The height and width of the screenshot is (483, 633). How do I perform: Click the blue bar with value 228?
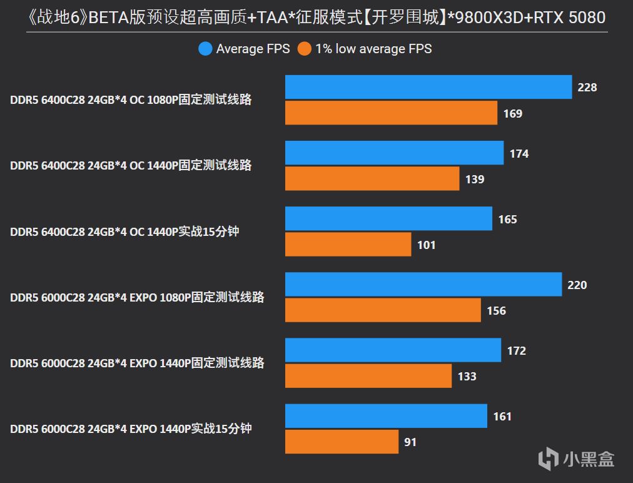coord(428,87)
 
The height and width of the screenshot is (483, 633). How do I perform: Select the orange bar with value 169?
coord(391,113)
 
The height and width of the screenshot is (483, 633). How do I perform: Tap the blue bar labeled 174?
coord(394,153)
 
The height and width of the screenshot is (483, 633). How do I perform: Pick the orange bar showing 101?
coord(348,244)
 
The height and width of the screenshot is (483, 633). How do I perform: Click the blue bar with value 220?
coord(423,285)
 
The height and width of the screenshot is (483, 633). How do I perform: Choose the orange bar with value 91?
coord(342,442)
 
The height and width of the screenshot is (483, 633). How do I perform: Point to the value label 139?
coord(475,180)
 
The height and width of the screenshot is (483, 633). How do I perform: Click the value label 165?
coord(507,220)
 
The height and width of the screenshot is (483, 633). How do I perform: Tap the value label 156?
coord(496,311)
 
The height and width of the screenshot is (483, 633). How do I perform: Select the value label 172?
coord(516,351)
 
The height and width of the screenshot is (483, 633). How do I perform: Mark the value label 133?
coord(467,377)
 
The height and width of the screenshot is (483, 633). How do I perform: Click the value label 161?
coord(502,417)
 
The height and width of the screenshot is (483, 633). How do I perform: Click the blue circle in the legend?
coord(205,49)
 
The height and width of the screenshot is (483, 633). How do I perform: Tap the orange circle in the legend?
coord(305,49)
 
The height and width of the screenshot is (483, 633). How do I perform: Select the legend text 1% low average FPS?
coord(373,49)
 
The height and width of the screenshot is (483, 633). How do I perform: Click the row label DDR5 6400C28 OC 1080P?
coord(131,99)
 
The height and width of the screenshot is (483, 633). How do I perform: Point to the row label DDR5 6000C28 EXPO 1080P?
coord(137,297)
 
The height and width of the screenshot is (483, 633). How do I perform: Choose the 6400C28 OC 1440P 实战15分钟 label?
coord(124,231)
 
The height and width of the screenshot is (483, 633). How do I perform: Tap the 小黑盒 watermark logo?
coord(577,459)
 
